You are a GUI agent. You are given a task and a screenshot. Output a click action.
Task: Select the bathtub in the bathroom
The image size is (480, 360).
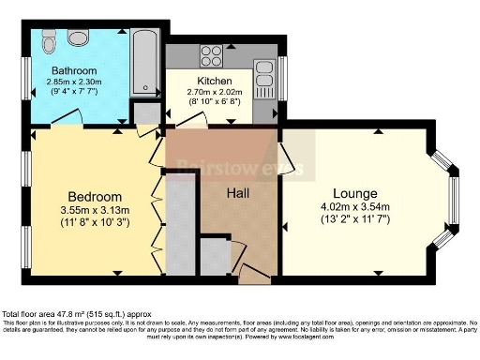point(144,63)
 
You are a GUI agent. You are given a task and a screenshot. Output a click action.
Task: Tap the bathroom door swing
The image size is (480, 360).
point(66,117)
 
